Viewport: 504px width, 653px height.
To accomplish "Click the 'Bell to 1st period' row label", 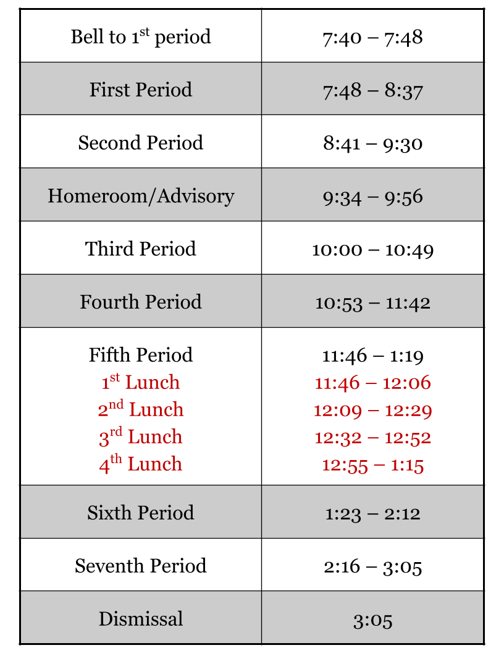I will pos(141,37).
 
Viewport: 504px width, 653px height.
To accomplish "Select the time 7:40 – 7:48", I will pos(372,38).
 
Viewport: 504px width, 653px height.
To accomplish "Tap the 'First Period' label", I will pos(141,90).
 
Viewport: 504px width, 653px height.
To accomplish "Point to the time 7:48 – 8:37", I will pos(372,91).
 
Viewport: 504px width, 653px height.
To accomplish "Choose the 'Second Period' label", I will pos(141,143).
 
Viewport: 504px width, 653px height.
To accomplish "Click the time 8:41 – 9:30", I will pos(372,143).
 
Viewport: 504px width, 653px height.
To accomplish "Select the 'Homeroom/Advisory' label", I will pos(141,196).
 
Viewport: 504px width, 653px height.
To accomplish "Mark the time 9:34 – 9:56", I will pos(372,197).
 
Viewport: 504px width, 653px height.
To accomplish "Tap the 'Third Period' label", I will pos(141,249).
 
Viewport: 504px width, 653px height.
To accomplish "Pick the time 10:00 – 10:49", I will pos(372,250).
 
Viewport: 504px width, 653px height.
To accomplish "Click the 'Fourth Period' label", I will pos(141,302).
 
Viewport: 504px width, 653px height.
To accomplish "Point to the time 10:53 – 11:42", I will pos(372,303).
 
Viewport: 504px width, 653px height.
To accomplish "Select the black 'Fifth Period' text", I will pos(141,355).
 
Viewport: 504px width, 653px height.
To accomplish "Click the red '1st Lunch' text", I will pos(141,382).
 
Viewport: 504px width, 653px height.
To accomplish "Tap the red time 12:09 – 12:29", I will pos(372,411).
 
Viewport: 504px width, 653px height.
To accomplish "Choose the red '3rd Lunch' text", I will pos(141,437).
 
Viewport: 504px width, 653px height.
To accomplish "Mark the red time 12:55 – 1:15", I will pos(372,465).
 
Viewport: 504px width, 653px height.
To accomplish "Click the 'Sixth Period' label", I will pos(141,513).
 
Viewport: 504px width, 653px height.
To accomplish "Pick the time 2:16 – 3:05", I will pos(372,566).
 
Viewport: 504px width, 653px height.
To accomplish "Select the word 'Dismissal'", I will pos(141,619).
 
